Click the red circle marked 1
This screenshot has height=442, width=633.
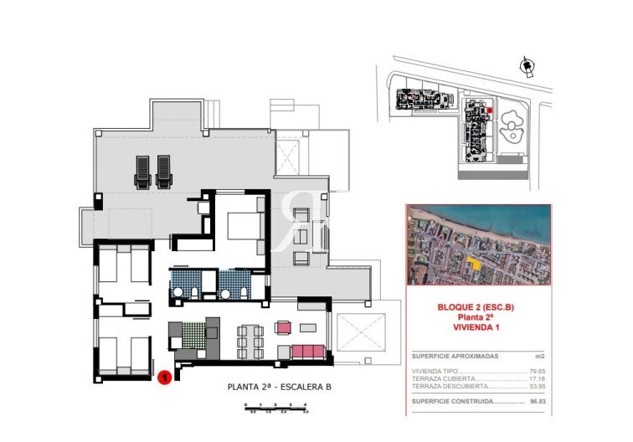pyautogui.click(x=165, y=378)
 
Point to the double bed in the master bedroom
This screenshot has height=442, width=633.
pyautogui.click(x=242, y=225)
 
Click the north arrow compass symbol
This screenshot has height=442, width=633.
pyautogui.click(x=526, y=65)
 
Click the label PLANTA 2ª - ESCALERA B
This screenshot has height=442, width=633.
pyautogui.click(x=280, y=387)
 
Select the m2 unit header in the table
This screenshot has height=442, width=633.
pyautogui.click(x=538, y=356)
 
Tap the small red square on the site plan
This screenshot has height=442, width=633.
pyautogui.click(x=490, y=110)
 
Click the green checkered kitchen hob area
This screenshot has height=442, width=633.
pyautogui.click(x=193, y=334)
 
